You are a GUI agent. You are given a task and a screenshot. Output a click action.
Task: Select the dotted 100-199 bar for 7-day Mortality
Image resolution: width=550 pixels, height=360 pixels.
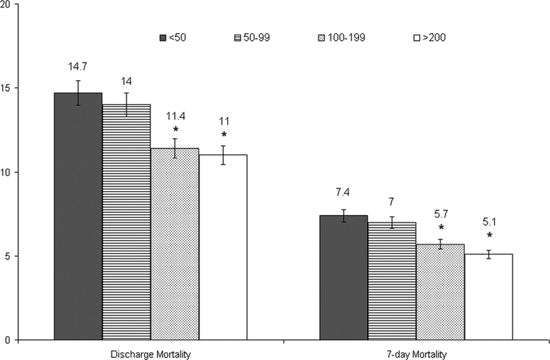coord(440,292)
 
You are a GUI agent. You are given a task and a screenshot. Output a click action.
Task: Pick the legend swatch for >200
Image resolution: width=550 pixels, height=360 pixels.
coord(415,38)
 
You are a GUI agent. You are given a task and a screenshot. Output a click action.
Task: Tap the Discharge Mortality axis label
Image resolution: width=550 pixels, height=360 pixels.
coord(150,354)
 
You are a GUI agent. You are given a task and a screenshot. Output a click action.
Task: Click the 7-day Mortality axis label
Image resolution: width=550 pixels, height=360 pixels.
coord(416,354)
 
